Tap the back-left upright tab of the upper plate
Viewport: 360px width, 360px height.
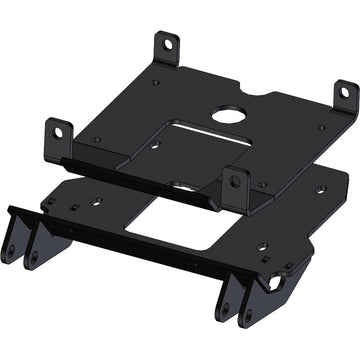[x=166, y=48]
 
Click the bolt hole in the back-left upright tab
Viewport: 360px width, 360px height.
[x=168, y=44]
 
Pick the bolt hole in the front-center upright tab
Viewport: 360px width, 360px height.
[x=237, y=181]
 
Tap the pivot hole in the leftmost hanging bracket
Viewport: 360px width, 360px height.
[x=9, y=251]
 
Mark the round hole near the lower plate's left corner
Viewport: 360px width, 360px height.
[x=97, y=201]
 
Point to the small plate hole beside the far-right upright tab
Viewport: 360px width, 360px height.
[x=320, y=128]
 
